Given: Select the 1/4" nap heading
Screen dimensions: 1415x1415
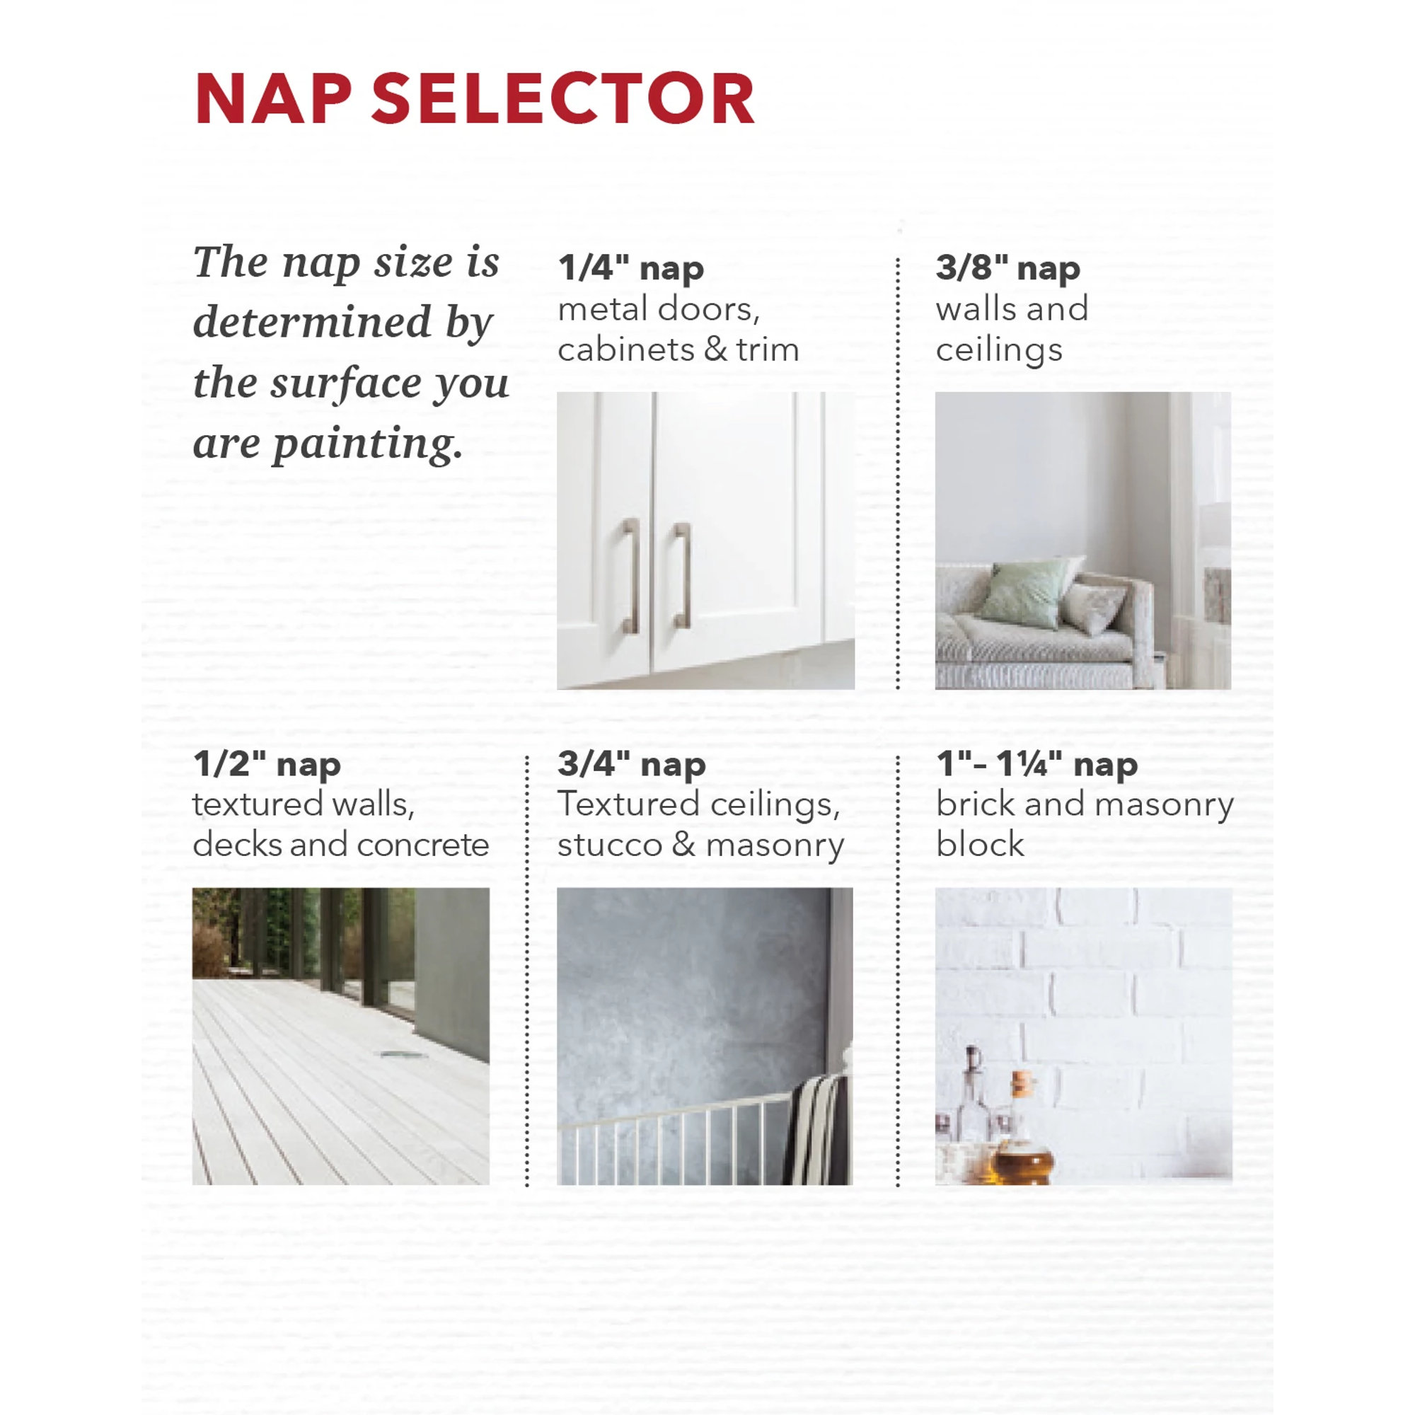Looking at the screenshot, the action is [x=630, y=268].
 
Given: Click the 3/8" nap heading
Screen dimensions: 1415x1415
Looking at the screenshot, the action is [x=1007, y=268].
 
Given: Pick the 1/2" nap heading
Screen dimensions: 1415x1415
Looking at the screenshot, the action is [x=267, y=764].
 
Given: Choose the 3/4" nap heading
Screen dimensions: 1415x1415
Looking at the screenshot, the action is [x=631, y=764].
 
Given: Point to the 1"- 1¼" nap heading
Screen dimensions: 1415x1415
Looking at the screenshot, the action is [x=1037, y=764].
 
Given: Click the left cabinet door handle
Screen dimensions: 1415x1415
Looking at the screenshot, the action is [x=630, y=576].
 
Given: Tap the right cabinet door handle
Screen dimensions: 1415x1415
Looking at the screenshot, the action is [x=682, y=576].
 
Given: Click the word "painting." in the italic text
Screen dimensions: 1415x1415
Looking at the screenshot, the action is [x=369, y=444].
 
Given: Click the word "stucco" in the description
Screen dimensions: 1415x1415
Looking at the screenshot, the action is [x=609, y=845].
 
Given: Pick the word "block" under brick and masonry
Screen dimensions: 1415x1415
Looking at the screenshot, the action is [x=980, y=844].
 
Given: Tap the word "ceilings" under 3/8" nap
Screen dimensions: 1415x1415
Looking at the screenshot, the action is [x=999, y=350].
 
